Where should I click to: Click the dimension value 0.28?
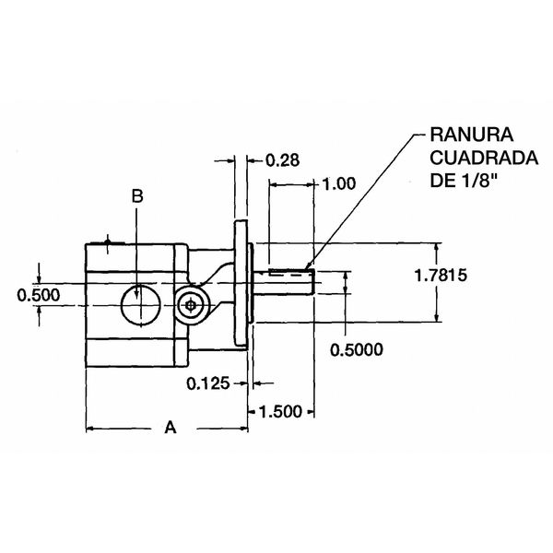point(282,160)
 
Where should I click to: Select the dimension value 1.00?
point(336,183)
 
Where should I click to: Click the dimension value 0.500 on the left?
point(39,295)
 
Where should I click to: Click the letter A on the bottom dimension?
point(169,428)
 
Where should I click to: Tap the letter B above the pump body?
point(136,196)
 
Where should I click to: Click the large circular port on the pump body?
point(136,305)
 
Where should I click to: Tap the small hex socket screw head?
point(190,306)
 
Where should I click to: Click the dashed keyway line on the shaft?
point(288,270)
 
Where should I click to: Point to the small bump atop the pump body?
point(109,243)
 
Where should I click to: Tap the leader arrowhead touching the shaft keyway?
point(309,268)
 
